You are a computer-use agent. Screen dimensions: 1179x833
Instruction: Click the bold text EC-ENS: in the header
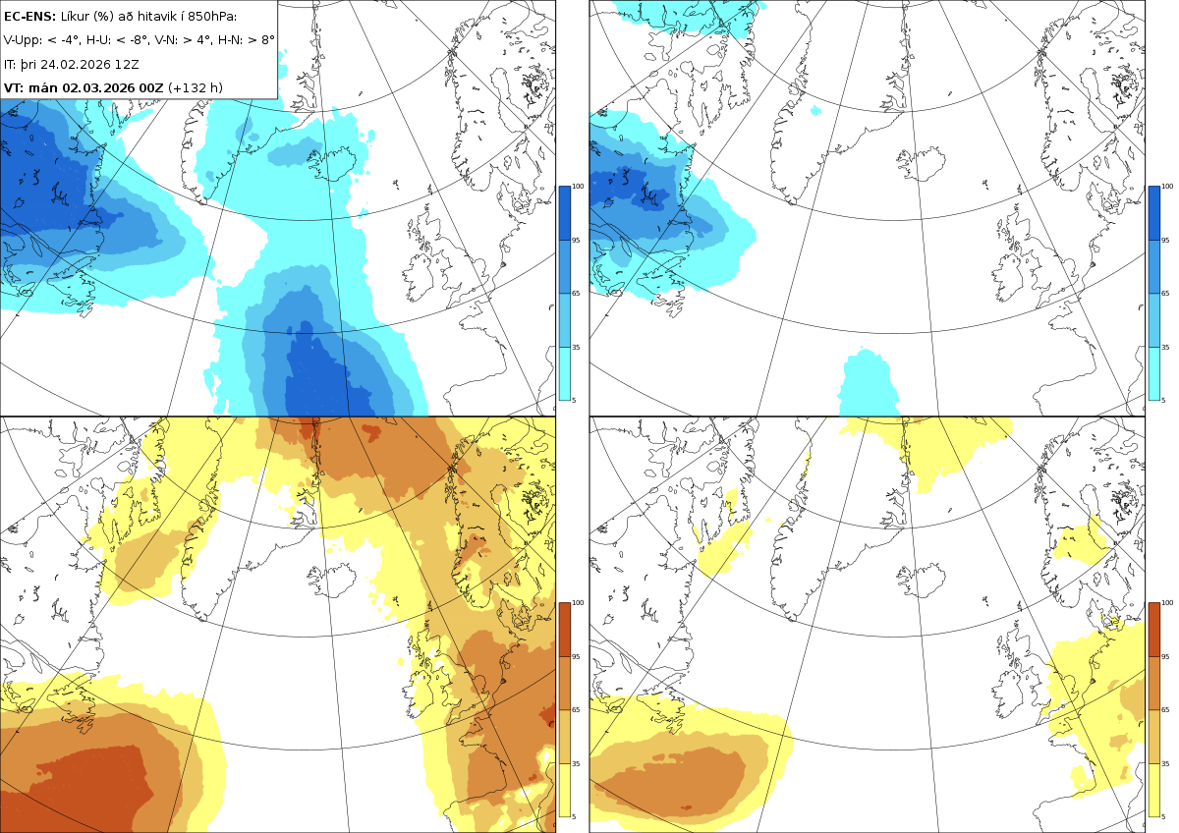29,17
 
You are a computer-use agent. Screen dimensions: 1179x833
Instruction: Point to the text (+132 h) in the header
196,87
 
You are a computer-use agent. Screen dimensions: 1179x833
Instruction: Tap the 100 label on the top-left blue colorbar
578,187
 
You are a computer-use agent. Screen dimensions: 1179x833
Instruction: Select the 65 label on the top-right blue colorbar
1165,294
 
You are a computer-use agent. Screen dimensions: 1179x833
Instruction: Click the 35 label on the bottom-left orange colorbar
576,763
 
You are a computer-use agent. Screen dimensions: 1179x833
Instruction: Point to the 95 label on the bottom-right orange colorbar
1165,657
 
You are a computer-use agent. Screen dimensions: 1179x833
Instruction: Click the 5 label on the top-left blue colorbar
574,401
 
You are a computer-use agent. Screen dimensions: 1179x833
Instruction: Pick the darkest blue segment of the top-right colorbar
1153,213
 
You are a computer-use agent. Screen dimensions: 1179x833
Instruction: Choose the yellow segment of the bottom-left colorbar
564,790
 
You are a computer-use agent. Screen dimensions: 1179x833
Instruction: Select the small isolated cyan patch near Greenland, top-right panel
815,110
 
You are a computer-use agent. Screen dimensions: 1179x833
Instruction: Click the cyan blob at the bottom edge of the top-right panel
869,382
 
